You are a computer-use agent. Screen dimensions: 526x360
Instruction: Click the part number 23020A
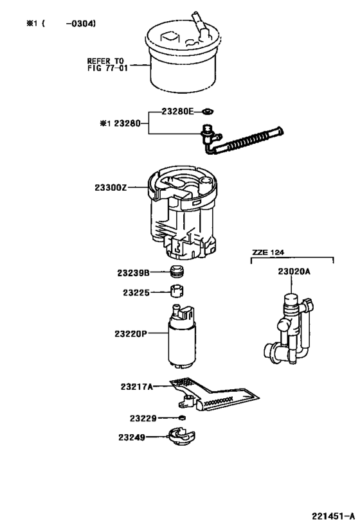[x=294, y=272]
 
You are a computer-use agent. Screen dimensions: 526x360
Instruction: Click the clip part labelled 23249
[x=181, y=438]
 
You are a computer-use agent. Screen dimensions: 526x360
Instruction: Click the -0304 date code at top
[x=80, y=24]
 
